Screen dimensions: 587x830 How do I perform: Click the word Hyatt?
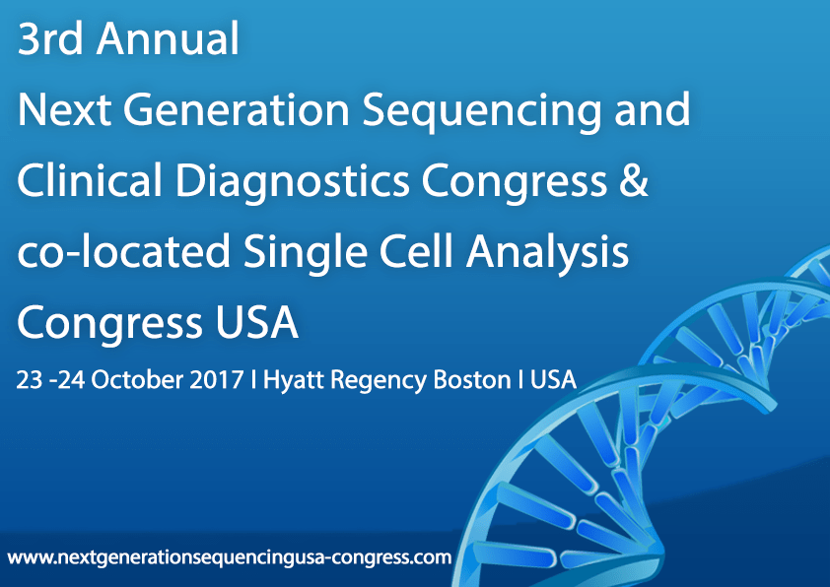(x=296, y=380)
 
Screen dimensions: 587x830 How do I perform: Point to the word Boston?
(x=472, y=379)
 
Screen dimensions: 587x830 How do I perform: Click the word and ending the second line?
(x=651, y=110)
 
